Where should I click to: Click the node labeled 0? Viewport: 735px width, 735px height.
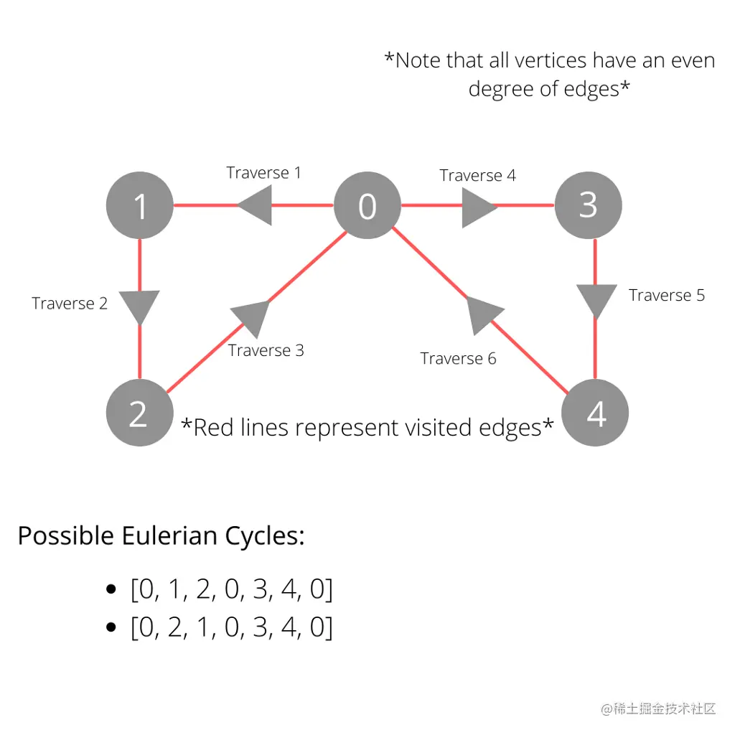point(367,207)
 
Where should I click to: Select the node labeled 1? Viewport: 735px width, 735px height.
point(140,207)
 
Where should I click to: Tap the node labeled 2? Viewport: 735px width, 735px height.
point(139,413)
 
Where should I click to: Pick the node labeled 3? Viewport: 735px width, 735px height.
point(589,205)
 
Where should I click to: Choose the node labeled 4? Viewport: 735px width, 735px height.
point(595,413)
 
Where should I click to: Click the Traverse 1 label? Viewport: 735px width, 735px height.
point(263,172)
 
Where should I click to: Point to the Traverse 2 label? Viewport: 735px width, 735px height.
point(70,304)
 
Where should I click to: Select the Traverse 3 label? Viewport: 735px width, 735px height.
point(266,350)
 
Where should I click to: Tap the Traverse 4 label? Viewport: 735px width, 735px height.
point(477,175)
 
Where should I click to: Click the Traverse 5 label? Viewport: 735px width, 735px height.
point(667,295)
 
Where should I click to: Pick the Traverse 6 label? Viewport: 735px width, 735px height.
point(458,358)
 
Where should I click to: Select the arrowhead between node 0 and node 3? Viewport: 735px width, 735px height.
point(478,207)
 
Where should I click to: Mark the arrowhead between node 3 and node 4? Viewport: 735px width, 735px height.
point(596,300)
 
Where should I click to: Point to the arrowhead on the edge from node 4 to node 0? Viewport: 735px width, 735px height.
point(482,314)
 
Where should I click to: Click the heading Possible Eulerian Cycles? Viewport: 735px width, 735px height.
point(161,536)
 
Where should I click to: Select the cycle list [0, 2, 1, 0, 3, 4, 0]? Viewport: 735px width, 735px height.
point(231,627)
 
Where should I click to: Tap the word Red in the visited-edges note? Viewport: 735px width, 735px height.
point(212,428)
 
